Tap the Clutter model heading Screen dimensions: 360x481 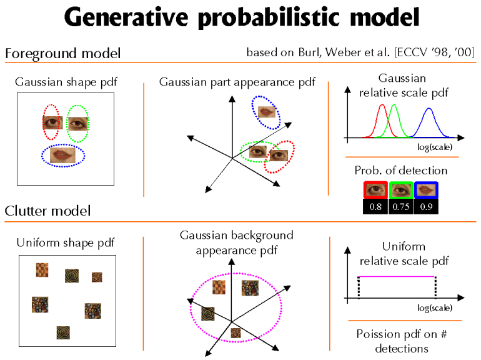point(47,211)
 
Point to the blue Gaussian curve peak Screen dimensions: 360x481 point(429,109)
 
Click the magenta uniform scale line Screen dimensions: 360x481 point(397,276)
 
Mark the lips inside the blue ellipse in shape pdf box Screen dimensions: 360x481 point(63,154)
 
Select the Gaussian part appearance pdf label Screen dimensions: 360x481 point(237,82)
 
